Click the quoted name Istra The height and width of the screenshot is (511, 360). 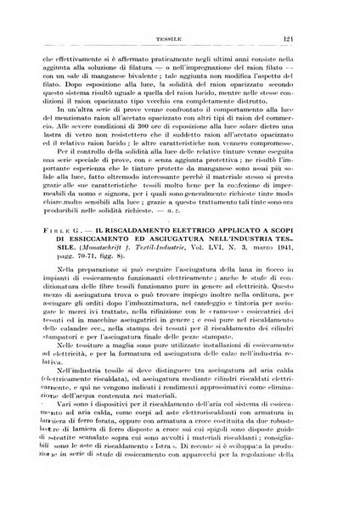(x=219, y=466)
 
